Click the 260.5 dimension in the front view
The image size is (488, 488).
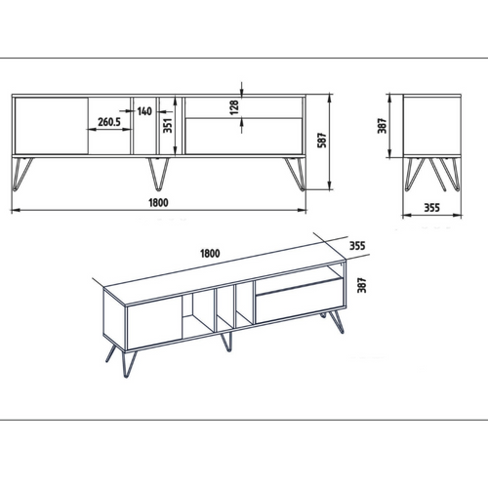tap(109, 123)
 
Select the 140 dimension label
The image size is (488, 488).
tap(144, 112)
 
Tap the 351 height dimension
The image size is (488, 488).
tap(167, 125)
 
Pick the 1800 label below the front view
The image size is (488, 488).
tap(159, 202)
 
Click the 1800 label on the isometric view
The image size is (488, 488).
tap(209, 253)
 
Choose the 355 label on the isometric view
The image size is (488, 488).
tap(357, 246)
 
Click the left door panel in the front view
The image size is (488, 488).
tap(53, 125)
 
